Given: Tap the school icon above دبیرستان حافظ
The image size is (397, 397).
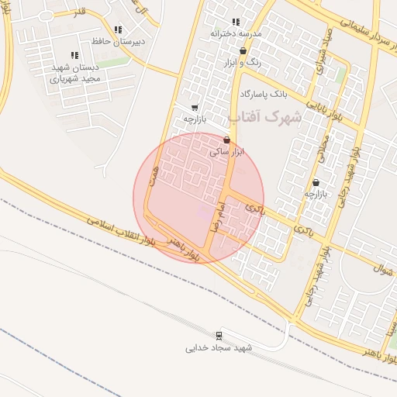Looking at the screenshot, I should (x=118, y=30).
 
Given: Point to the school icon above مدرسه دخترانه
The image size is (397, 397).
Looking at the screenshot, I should (x=236, y=22).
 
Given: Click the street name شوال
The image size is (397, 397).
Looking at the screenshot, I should (x=384, y=274).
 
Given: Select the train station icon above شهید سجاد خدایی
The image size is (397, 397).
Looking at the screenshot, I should (x=219, y=336).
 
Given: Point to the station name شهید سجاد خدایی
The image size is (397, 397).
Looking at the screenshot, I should (x=219, y=348).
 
